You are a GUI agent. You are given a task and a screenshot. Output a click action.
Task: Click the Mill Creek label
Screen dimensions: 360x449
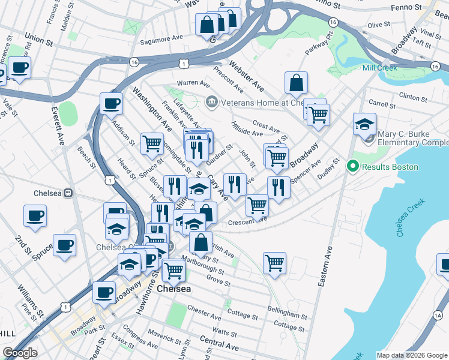pos(380,68)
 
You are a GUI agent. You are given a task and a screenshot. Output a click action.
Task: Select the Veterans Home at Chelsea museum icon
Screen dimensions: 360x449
pos(211,102)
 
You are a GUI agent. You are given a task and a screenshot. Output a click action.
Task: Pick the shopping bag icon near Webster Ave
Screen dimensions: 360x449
pos(296,83)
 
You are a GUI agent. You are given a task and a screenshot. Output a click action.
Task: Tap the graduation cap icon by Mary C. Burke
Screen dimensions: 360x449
pos(364,124)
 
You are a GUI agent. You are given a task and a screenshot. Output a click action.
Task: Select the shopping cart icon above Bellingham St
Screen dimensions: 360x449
pos(274,263)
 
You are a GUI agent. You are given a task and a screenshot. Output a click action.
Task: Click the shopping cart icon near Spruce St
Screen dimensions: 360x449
pos(152,143)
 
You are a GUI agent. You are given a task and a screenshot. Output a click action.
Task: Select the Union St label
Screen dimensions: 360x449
pos(35,38)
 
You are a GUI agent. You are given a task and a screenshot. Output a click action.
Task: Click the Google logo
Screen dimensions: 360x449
pos(20,353)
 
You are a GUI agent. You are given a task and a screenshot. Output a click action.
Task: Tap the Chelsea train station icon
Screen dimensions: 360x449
pos(69,193)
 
